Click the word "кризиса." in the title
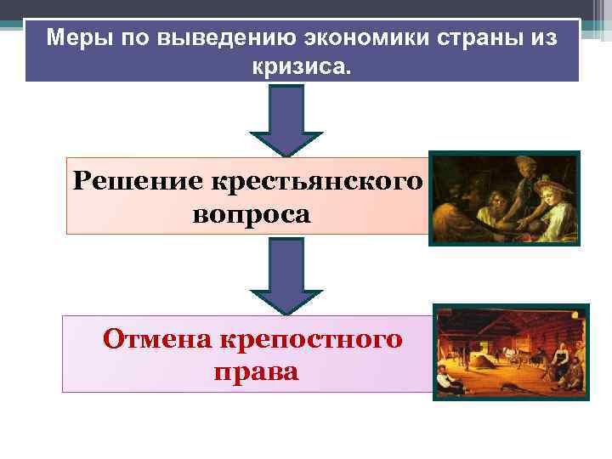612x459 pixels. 299,65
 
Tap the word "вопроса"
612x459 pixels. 252,212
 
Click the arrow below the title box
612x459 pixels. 286,119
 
